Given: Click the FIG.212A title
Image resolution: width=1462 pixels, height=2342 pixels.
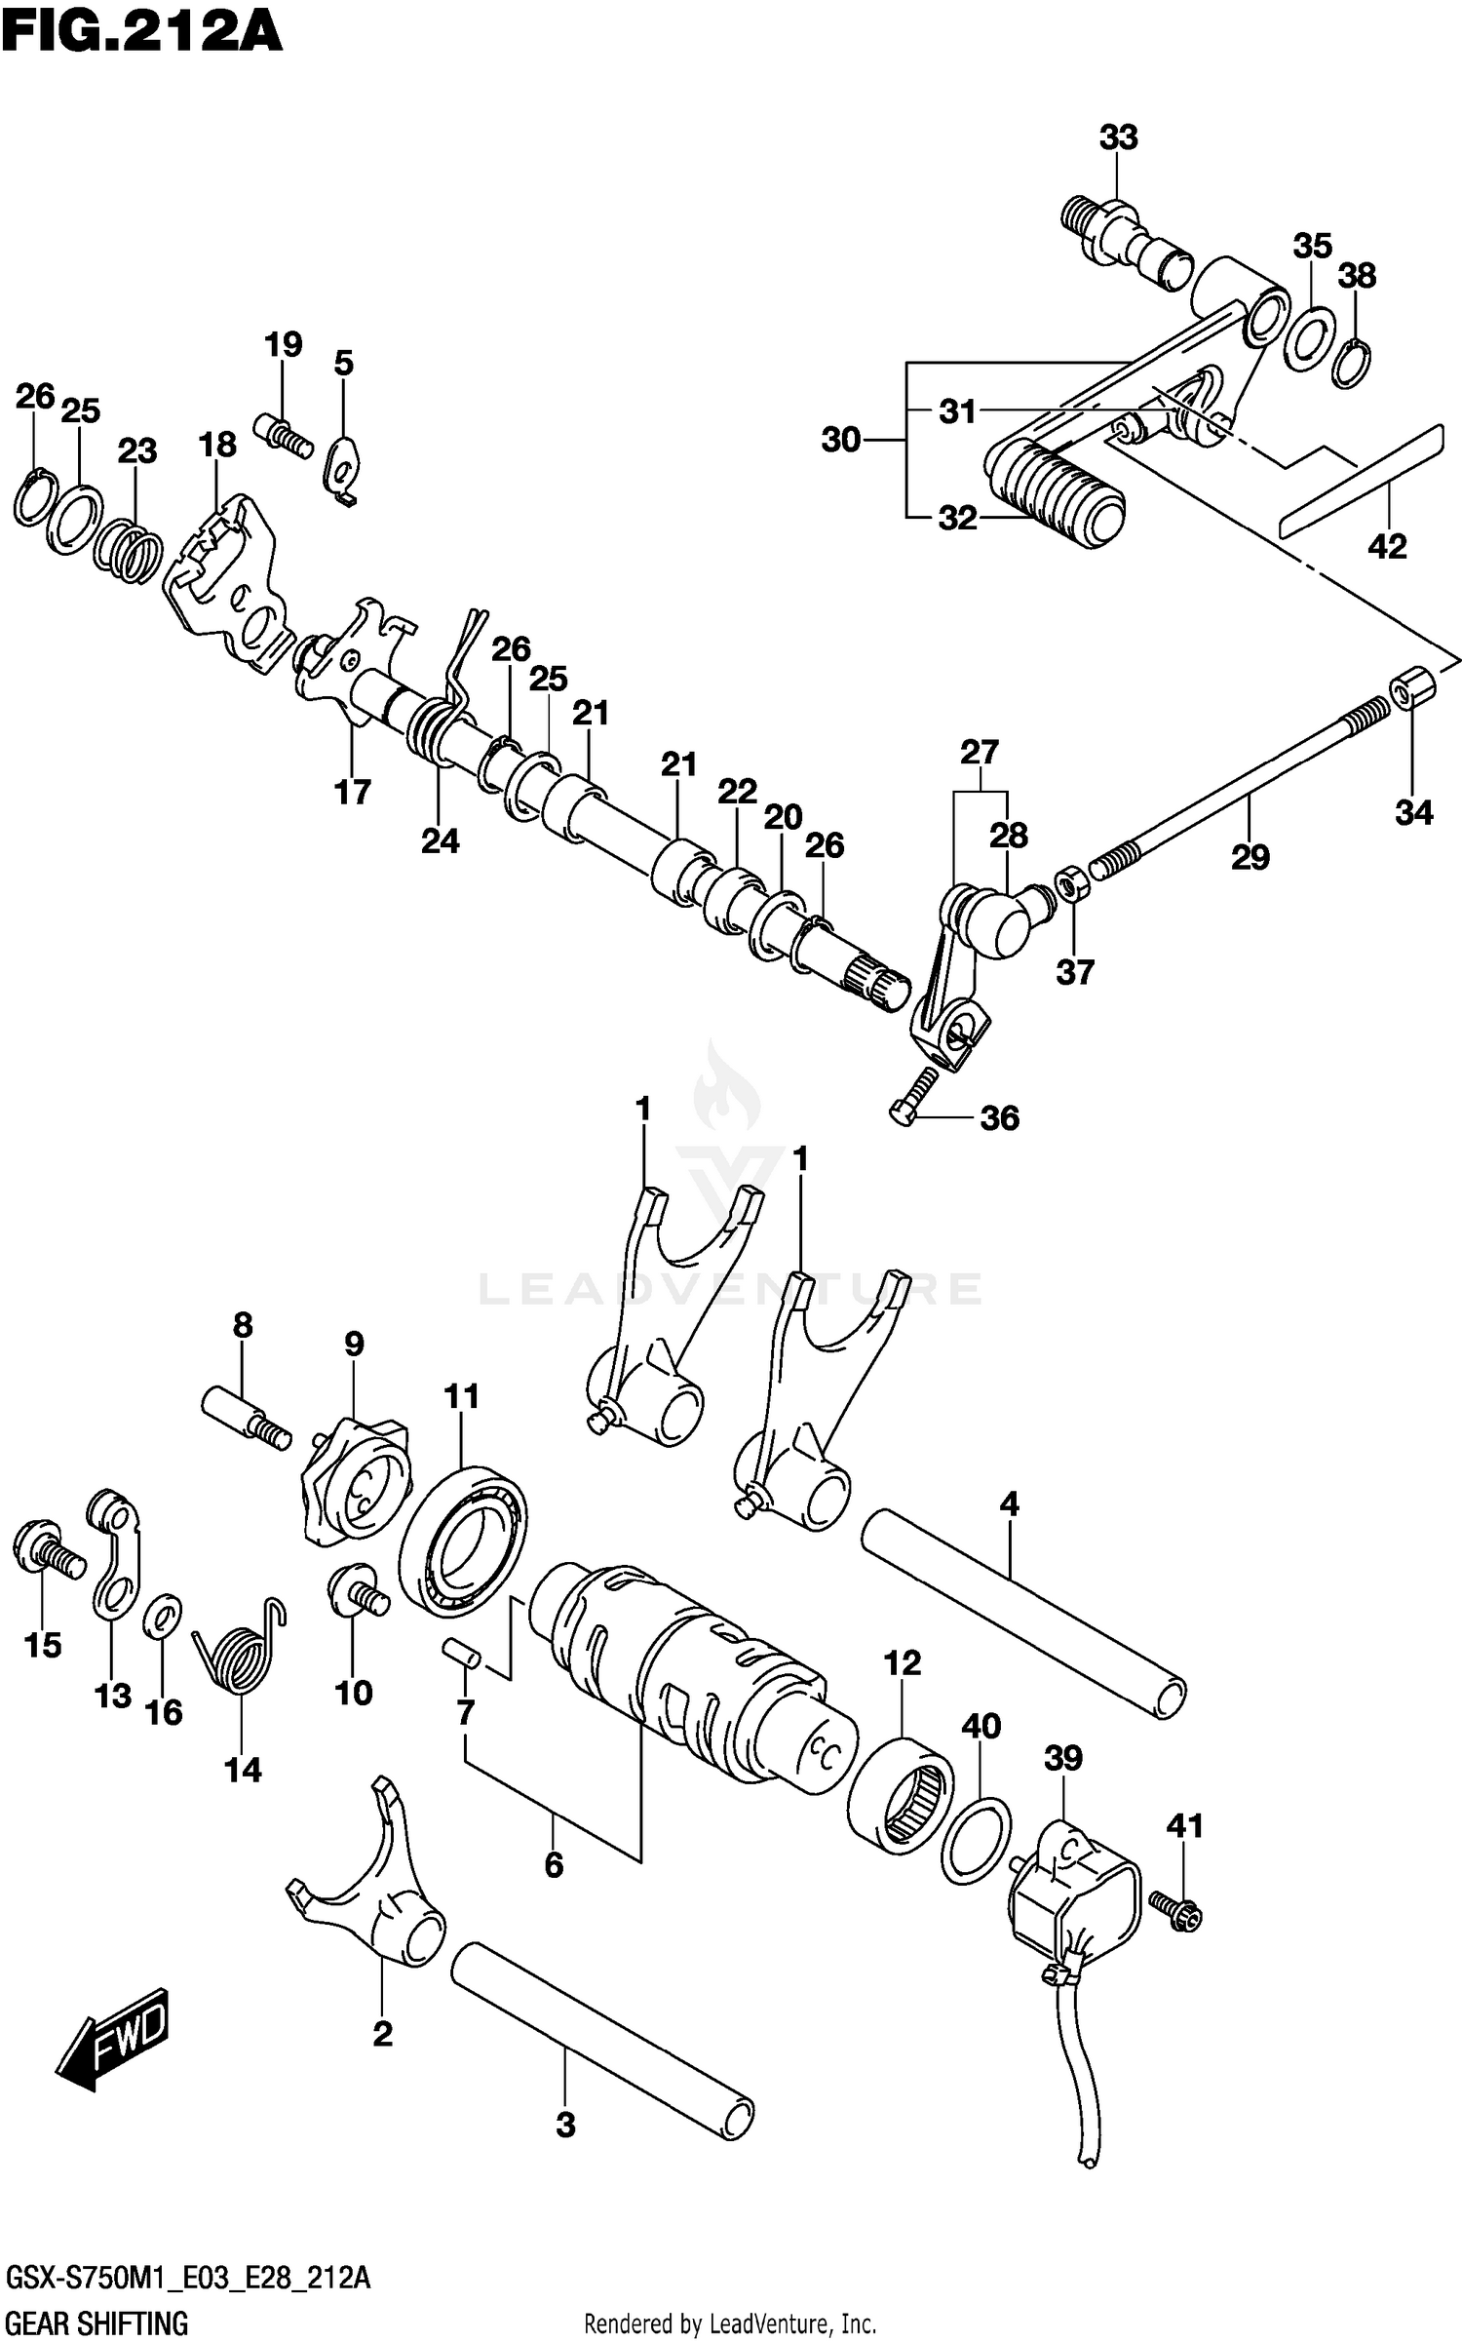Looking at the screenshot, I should [142, 31].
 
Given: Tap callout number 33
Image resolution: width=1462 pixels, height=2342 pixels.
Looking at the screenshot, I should [1118, 137].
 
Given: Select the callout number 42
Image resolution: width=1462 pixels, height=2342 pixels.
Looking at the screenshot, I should [1387, 547].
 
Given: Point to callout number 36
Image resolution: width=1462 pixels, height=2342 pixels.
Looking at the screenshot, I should [999, 1118].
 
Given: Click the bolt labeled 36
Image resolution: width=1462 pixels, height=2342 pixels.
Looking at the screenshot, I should [914, 1095].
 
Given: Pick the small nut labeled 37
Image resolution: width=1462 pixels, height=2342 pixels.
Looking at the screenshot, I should [1073, 885].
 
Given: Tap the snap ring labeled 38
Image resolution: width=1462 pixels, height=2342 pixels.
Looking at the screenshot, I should [1351, 363].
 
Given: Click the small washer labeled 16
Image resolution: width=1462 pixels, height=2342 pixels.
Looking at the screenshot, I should [162, 1620].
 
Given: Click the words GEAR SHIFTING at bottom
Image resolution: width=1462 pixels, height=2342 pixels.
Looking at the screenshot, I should [97, 2323].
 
